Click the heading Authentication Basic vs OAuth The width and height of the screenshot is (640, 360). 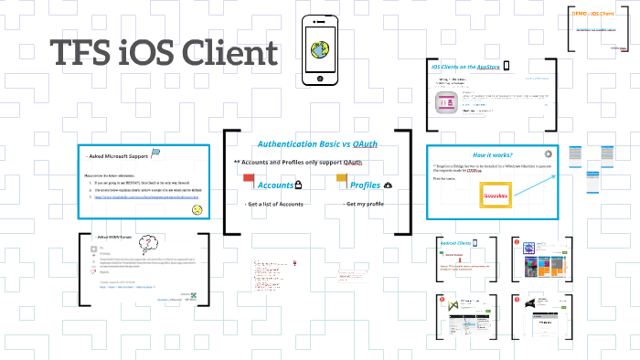(318, 144)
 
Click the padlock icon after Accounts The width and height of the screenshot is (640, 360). (298, 185)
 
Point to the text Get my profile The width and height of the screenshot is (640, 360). (364, 204)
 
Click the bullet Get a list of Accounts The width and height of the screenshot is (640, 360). (274, 204)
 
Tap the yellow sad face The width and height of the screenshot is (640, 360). (197, 210)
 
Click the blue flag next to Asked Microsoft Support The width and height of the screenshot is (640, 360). (155, 153)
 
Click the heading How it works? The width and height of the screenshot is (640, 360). (492, 154)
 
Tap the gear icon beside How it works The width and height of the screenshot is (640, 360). (548, 154)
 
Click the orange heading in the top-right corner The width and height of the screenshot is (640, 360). (595, 14)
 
